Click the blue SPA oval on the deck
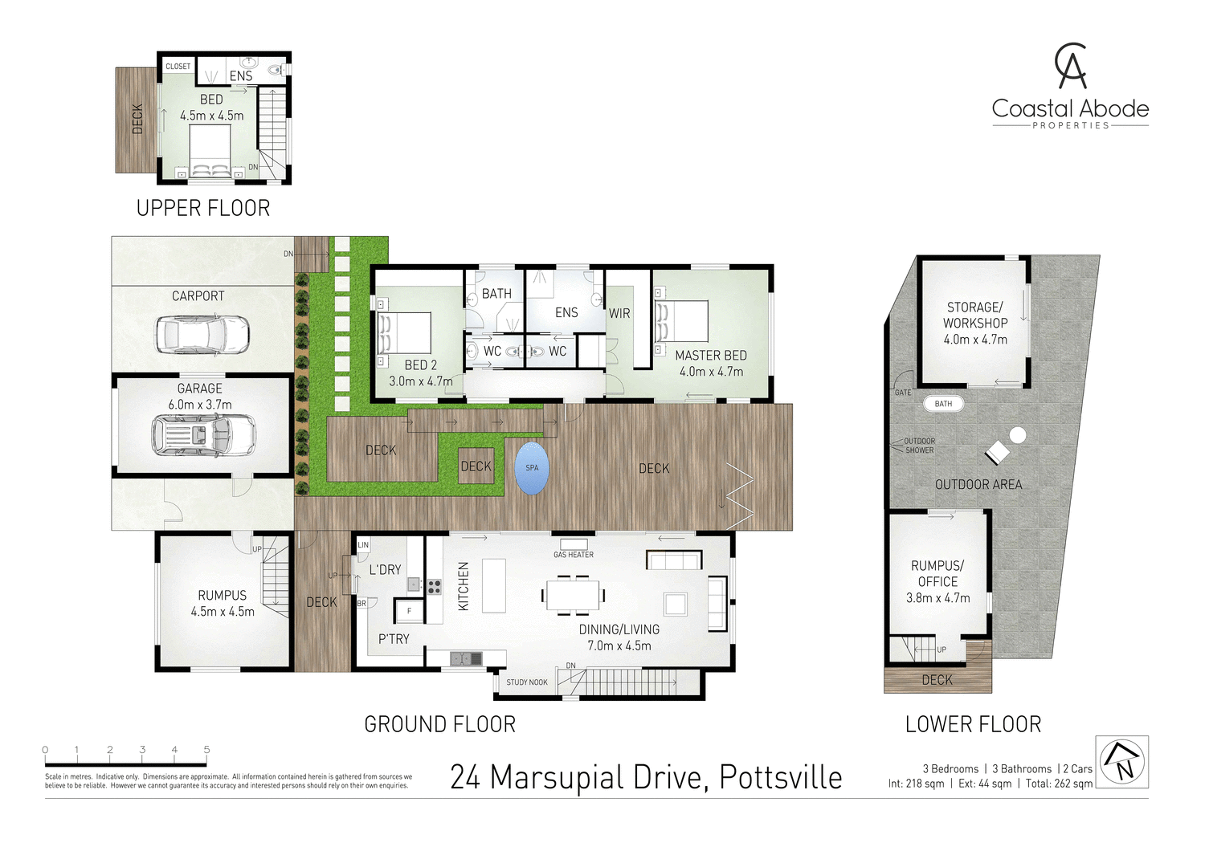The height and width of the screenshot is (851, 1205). (x=532, y=468)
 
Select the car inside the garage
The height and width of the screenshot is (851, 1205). (x=203, y=435)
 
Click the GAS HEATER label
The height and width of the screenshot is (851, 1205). (x=574, y=555)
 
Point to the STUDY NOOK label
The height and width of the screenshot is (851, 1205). (x=527, y=682)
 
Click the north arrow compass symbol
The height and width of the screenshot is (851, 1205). (x=1121, y=762)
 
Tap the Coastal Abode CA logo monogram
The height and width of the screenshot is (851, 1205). (x=1071, y=66)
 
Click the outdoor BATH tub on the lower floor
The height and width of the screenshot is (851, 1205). (x=943, y=404)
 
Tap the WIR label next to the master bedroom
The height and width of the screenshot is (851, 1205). (x=619, y=314)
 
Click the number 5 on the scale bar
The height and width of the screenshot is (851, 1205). (x=206, y=750)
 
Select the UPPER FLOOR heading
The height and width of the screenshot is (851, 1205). (x=203, y=209)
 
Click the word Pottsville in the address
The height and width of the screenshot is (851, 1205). (x=780, y=777)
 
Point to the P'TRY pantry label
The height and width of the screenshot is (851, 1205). (x=394, y=639)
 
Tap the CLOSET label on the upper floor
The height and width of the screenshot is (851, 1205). (x=178, y=67)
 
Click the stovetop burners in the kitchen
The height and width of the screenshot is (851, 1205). (x=434, y=587)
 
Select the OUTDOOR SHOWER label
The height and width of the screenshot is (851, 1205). (x=919, y=446)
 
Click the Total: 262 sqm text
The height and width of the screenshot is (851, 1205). (x=1059, y=784)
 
